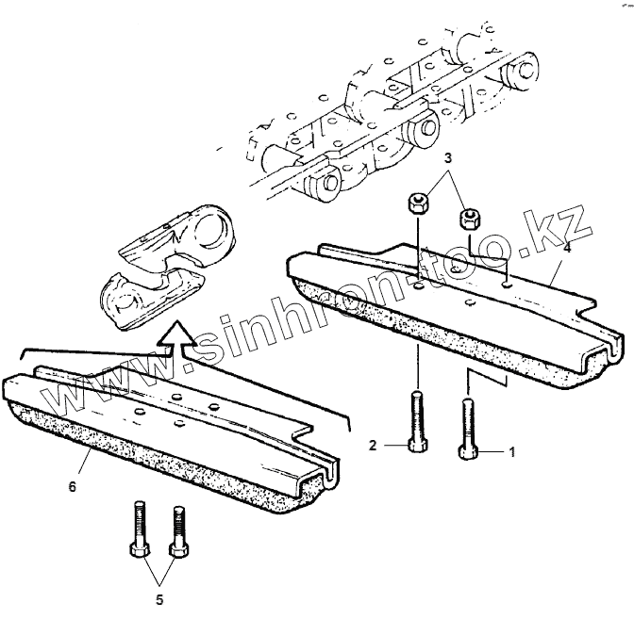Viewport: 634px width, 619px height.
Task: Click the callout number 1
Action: [512, 452]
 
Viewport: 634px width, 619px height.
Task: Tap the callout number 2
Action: [373, 444]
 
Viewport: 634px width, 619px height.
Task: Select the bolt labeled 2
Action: [416, 422]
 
